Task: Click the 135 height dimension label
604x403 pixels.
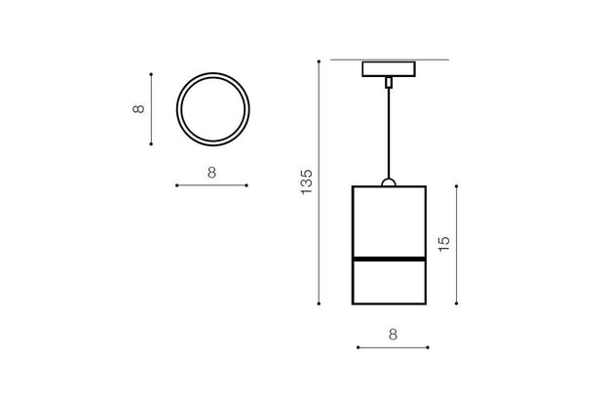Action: click(x=306, y=181)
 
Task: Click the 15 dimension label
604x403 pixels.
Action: click(x=444, y=244)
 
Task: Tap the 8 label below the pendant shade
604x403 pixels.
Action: click(x=393, y=335)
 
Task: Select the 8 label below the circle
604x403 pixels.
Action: click(x=211, y=173)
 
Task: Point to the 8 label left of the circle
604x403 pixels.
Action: click(x=138, y=109)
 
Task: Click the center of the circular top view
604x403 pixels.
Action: click(x=213, y=109)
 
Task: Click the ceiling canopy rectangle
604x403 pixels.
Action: click(x=389, y=69)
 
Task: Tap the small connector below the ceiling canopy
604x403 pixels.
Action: click(x=389, y=83)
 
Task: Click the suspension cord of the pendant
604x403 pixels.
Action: click(x=389, y=134)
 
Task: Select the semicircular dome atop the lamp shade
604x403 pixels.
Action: click(x=389, y=182)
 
